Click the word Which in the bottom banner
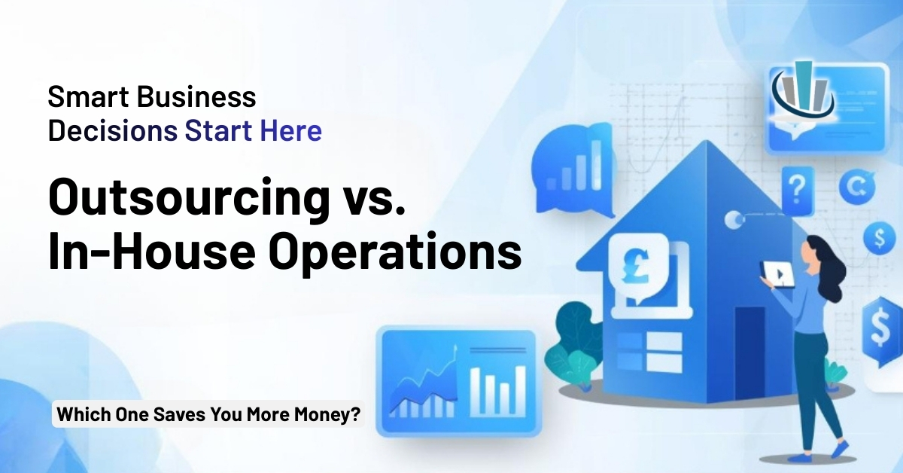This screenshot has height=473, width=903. (x=81, y=413)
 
